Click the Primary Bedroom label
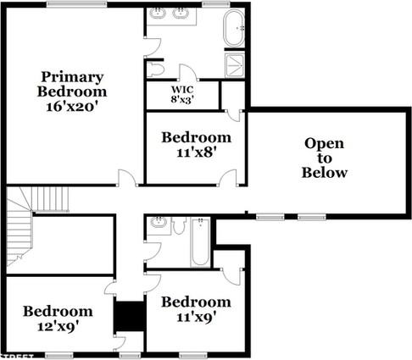72,83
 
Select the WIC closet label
182,88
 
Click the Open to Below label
325,158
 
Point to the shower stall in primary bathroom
235,64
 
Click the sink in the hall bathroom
158,224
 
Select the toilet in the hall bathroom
179,225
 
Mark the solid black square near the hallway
130,317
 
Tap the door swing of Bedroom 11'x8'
228,177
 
